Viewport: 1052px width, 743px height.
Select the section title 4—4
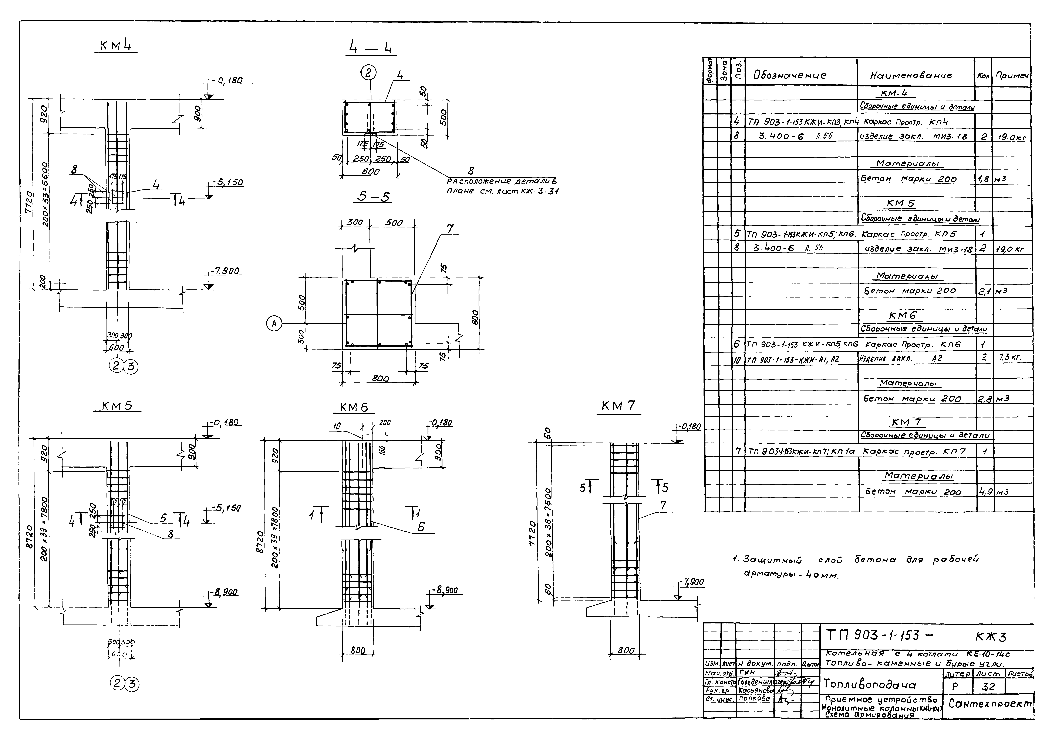371,48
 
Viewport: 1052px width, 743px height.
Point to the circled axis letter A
274,324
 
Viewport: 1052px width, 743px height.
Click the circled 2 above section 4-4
369,73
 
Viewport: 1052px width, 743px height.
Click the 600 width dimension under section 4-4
370,172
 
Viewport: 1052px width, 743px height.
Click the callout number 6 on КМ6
420,527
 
